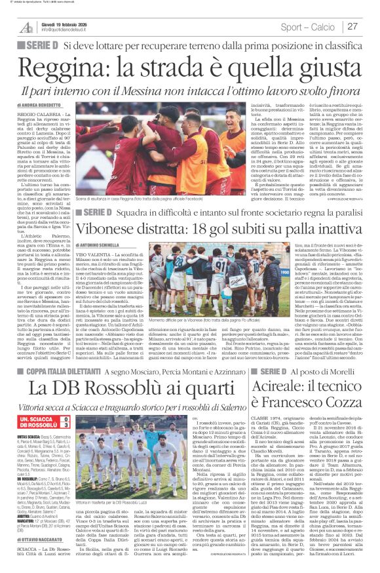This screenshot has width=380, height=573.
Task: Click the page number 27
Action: point(352,26)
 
